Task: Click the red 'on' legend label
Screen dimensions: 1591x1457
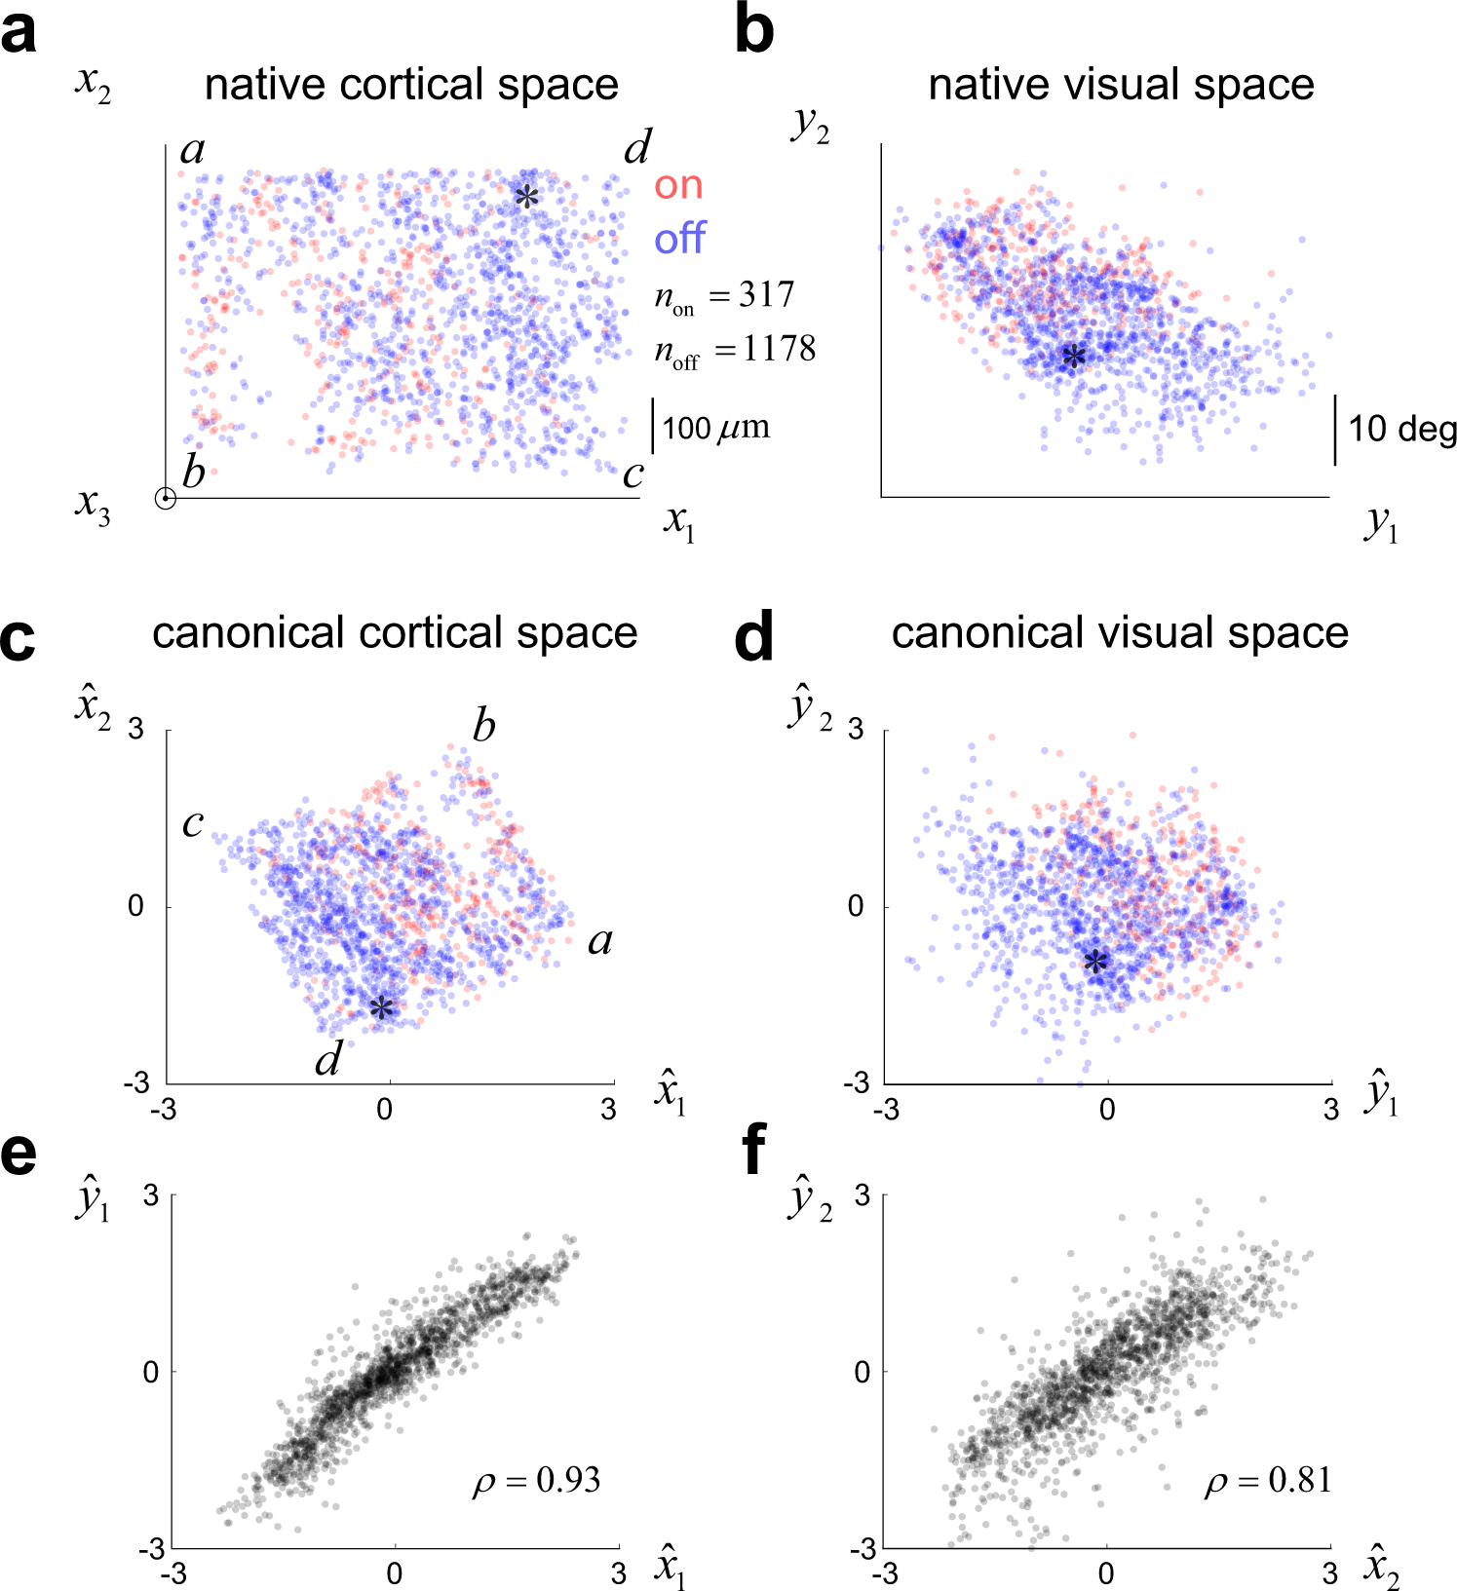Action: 678,185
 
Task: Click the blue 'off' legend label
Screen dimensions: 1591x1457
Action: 679,239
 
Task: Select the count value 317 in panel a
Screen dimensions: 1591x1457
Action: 766,295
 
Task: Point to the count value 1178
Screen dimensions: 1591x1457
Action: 779,349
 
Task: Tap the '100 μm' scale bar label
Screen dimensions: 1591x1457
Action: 716,428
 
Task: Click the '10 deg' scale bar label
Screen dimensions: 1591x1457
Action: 1401,429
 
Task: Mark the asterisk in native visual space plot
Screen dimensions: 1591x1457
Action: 1073,359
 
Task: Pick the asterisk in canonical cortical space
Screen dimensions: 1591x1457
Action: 381,1008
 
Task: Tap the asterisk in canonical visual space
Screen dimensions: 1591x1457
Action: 1095,964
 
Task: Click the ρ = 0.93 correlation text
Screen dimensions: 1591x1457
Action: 536,1481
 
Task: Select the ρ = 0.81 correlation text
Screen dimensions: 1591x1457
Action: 1267,1481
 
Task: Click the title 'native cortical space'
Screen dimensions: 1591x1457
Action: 411,85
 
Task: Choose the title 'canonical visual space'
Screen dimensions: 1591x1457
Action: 1120,633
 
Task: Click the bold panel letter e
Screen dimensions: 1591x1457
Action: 19,1153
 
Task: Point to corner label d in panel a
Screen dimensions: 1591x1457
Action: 637,148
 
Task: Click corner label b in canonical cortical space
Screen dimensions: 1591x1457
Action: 483,727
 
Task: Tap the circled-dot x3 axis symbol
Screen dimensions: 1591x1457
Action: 166,499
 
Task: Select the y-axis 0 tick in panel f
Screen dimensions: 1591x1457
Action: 863,1373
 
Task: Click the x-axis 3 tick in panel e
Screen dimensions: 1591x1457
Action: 619,1573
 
